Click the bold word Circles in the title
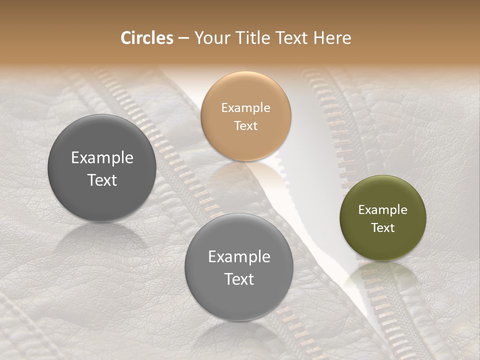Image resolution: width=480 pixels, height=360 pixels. [147, 38]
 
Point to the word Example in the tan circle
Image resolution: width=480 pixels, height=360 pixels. [245, 108]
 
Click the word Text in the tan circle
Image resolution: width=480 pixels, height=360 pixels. [245, 125]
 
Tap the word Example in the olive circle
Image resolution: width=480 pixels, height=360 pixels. [383, 210]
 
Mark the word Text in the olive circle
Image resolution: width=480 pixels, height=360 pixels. [383, 227]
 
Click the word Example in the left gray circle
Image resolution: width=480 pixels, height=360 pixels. [102, 158]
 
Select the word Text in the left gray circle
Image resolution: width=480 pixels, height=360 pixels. [102, 180]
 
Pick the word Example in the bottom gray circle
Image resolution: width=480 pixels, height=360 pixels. [239, 257]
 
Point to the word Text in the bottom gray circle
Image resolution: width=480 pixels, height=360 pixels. [239, 279]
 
